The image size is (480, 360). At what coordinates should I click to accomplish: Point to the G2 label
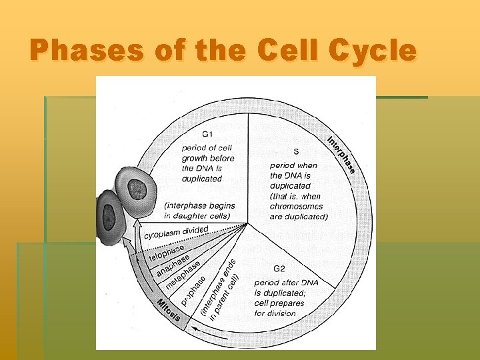coord(279,269)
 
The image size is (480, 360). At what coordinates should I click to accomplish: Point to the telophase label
coord(166,253)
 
